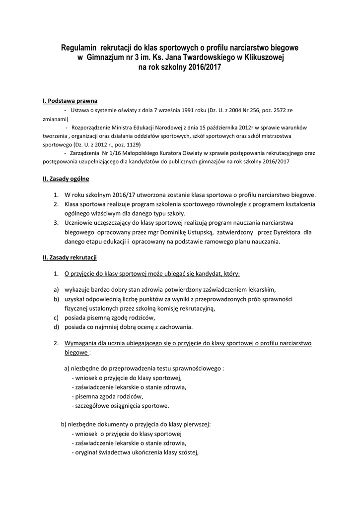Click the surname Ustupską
tap(197, 232)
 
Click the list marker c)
tap(57, 317)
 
